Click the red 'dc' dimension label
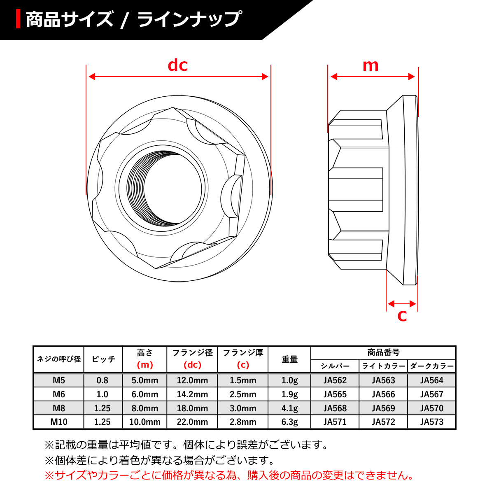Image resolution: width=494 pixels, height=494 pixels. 178,65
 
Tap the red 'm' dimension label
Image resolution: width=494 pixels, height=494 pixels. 370,65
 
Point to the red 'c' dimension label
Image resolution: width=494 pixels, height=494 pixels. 402,316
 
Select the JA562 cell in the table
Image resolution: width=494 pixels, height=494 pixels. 335,380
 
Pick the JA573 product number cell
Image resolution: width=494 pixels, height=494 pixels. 432,422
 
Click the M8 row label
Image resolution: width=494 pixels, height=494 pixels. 59,408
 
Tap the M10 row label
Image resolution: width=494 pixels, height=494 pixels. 59,422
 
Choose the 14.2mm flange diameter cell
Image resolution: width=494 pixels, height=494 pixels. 192,394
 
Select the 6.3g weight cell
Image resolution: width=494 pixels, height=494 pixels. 289,422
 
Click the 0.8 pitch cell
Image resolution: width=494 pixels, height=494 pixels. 103,380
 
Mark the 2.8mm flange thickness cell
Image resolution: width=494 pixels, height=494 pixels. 243,422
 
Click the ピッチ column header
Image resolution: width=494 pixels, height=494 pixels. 103,359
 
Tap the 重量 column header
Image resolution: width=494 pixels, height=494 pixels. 289,359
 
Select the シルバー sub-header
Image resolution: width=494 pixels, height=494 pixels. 335,366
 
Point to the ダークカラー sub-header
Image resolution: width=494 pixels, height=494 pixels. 432,366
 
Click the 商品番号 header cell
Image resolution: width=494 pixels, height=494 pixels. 383,352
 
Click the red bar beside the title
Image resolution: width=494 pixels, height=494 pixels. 18,19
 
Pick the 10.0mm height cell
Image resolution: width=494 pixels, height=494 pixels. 145,422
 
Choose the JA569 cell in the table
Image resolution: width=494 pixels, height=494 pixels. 383,408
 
